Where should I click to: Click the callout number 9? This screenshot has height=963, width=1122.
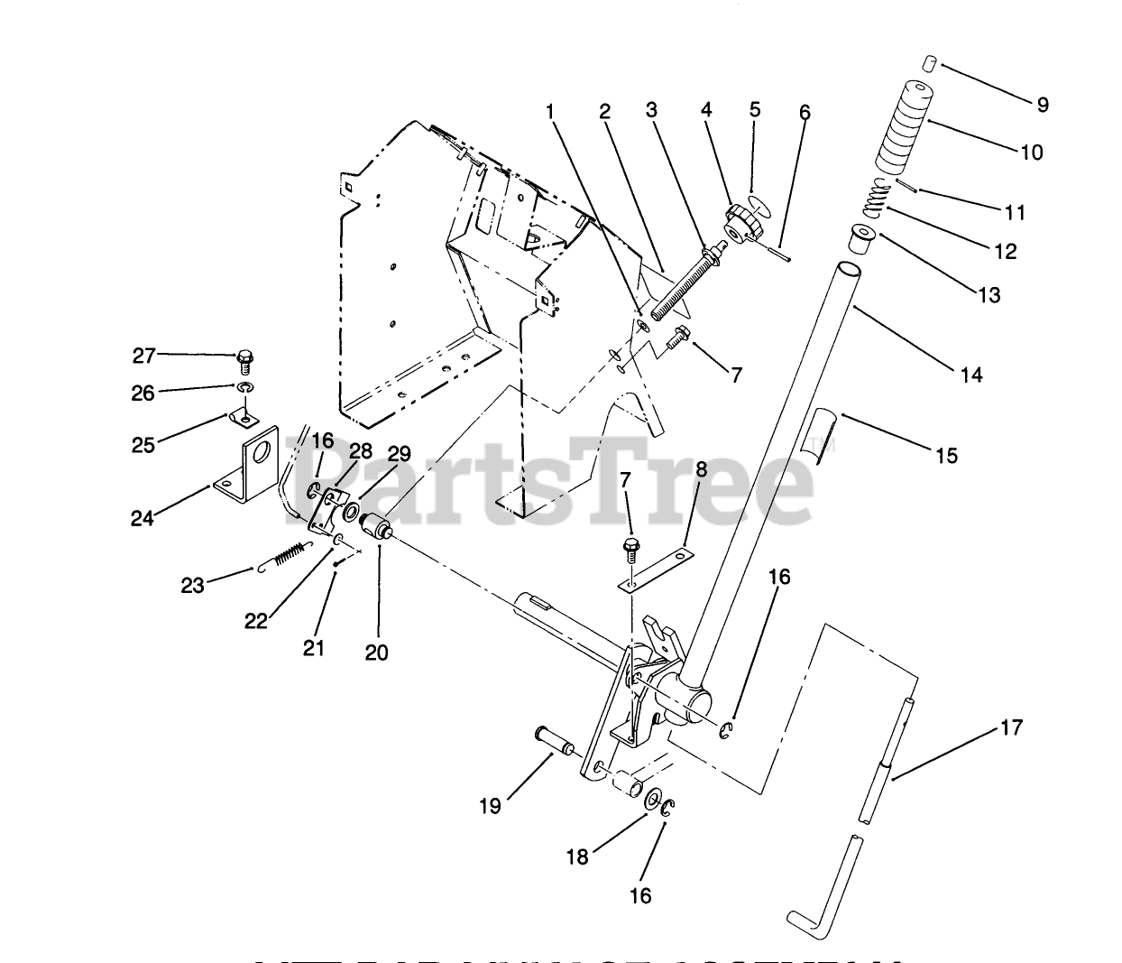tap(1043, 105)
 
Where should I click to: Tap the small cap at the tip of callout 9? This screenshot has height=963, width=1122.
tap(933, 63)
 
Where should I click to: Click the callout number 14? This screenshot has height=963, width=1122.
tap(971, 374)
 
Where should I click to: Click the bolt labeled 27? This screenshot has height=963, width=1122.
tap(244, 361)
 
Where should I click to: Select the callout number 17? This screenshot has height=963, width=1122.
tap(1013, 727)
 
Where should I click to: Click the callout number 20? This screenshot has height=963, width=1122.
tap(377, 651)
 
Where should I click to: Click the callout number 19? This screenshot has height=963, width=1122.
tap(490, 805)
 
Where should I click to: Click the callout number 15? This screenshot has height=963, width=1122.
tap(946, 456)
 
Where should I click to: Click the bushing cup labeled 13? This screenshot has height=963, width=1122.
tap(863, 241)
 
